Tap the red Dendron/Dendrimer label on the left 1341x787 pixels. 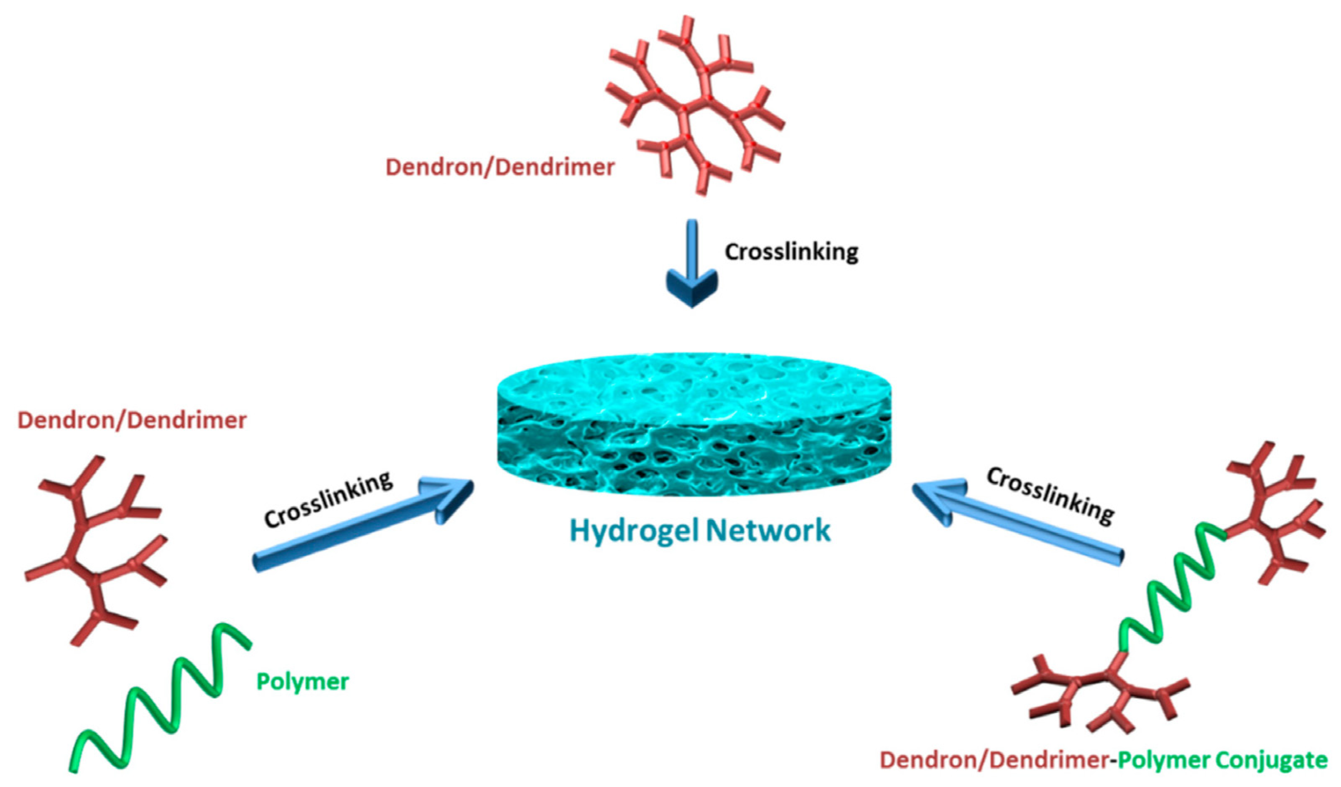[x=132, y=421]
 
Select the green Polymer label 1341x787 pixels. [x=302, y=682]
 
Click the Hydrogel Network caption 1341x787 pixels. [x=700, y=531]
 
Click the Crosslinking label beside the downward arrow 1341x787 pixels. [x=791, y=251]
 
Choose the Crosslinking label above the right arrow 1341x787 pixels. [x=1050, y=496]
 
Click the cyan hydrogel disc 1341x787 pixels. [x=694, y=423]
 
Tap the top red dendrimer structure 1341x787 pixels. [x=694, y=107]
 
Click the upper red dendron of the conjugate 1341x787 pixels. [x=1272, y=511]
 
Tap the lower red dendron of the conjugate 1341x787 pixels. [x=1101, y=698]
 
